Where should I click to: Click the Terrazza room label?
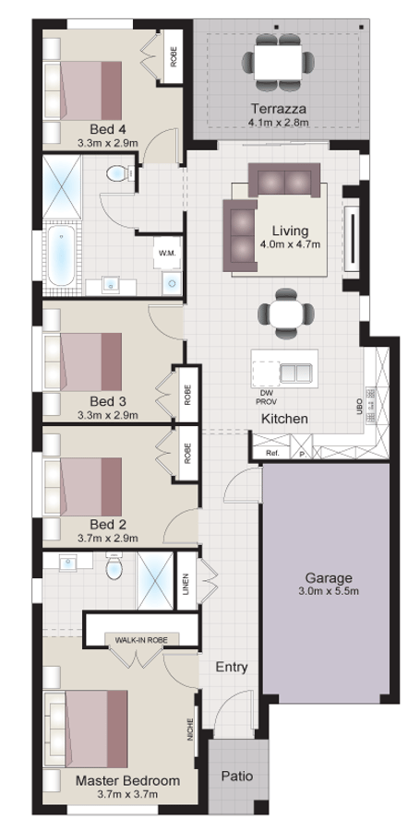pyautogui.click(x=279, y=109)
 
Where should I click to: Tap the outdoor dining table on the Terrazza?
pyautogui.click(x=278, y=62)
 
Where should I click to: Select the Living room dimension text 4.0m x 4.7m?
pyautogui.click(x=290, y=244)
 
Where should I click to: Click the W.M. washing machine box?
pyautogui.click(x=167, y=253)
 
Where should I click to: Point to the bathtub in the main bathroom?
pyautogui.click(x=62, y=256)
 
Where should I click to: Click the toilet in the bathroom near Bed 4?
pyautogui.click(x=118, y=173)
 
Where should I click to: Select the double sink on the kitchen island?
pyautogui.click(x=294, y=373)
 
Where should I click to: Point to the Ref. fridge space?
pyautogui.click(x=272, y=453)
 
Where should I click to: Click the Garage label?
pyautogui.click(x=329, y=577)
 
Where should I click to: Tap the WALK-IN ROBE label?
pyautogui.click(x=141, y=640)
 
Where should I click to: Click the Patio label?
pyautogui.click(x=236, y=776)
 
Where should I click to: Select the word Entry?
pyautogui.click(x=232, y=667)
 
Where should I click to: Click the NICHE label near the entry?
pyautogui.click(x=189, y=729)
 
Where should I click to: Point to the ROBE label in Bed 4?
pyautogui.click(x=174, y=56)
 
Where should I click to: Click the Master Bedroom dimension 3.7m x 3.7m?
pyautogui.click(x=127, y=793)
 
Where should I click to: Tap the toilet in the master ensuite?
pyautogui.click(x=114, y=565)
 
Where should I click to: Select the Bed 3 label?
pyautogui.click(x=107, y=402)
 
